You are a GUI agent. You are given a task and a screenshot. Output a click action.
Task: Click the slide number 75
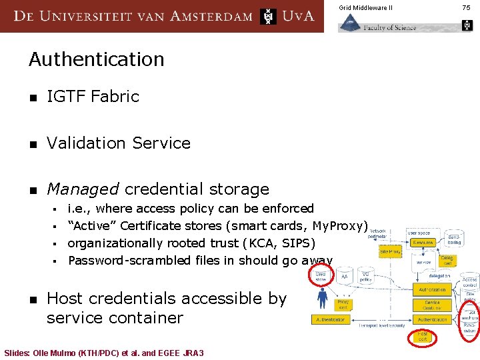click(466, 7)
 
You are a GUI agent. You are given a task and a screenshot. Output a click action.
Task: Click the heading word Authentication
click(97, 59)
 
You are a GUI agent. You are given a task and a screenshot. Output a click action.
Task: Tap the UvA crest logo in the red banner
click(268, 16)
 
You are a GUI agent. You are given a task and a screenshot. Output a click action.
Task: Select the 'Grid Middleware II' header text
click(365, 7)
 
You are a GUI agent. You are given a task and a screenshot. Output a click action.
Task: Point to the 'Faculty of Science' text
click(390, 27)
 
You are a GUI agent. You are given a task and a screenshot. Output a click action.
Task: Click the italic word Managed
click(83, 189)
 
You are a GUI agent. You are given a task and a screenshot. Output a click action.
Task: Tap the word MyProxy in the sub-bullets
click(339, 226)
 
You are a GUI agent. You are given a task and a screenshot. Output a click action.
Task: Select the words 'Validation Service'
click(119, 143)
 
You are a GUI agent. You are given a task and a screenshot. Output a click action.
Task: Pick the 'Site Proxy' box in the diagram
click(389, 251)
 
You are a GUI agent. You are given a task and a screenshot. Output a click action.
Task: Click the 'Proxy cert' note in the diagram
click(343, 305)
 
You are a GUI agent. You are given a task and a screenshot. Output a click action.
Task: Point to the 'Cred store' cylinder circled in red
click(321, 275)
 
